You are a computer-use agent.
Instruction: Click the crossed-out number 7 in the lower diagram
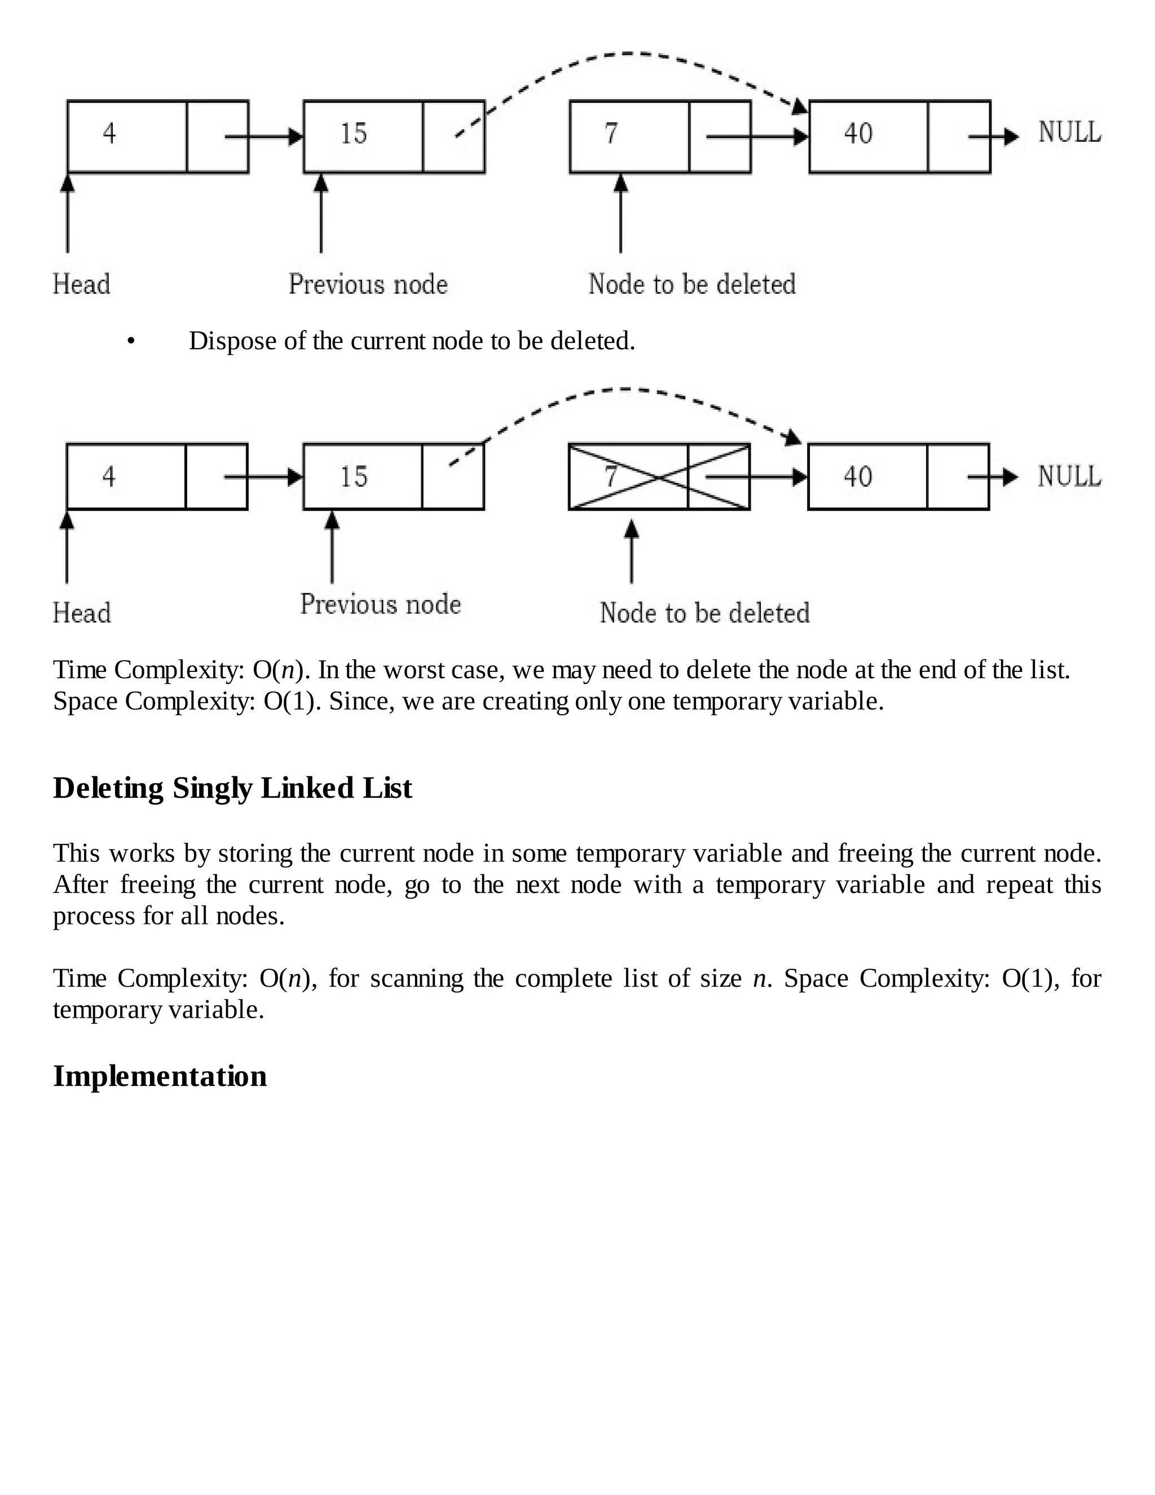(x=611, y=477)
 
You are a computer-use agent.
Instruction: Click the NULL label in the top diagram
(x=1069, y=132)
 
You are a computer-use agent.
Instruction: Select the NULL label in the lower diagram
(x=1069, y=477)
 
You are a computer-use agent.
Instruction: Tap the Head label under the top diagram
(x=81, y=284)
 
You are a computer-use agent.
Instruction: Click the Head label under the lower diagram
(x=81, y=613)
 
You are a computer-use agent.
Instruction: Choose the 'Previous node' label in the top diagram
(x=368, y=284)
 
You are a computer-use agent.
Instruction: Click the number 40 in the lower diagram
(x=857, y=477)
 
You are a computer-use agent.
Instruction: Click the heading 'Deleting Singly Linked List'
(x=233, y=788)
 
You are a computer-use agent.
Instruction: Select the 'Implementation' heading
(x=160, y=1076)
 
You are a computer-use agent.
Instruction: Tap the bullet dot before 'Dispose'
(x=131, y=341)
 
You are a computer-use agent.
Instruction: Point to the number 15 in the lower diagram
(x=354, y=477)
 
